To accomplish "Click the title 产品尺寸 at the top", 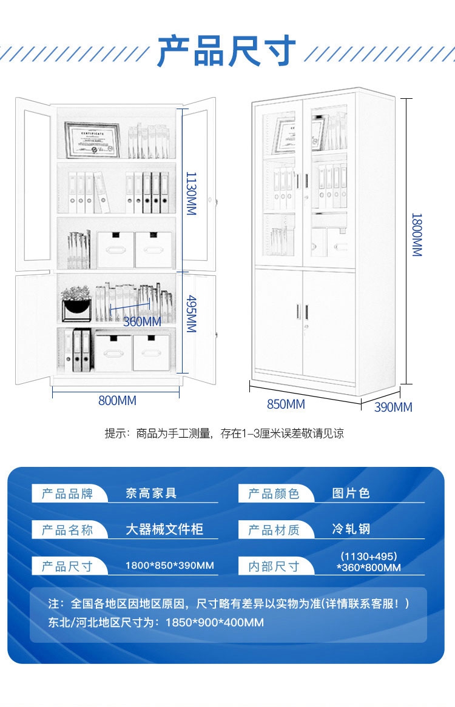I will [227, 52].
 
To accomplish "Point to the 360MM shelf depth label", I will [142, 321].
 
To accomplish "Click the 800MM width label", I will [117, 401].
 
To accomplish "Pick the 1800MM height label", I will [416, 235].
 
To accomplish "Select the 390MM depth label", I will [393, 407].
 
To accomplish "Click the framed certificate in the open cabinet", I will [93, 140].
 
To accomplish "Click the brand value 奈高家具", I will [151, 494].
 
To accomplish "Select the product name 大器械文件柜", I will [164, 529].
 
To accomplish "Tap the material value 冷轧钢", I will [351, 529].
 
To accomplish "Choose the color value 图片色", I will [351, 494].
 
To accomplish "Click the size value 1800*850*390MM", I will [169, 566].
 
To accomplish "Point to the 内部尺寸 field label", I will [274, 566].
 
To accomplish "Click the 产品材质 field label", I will [274, 530].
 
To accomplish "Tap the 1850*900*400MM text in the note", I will [214, 623].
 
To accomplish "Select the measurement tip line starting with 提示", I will [224, 434].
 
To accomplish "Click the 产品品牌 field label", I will [67, 494].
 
